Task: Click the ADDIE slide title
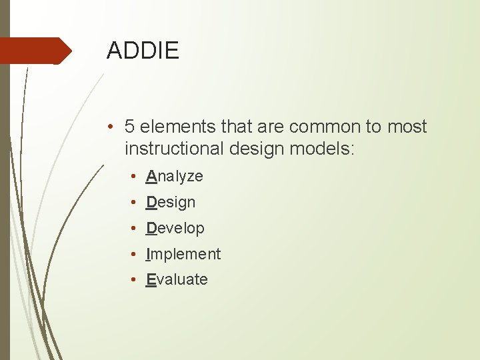click(x=143, y=51)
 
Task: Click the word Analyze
click(x=175, y=177)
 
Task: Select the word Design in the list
click(x=171, y=203)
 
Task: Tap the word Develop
click(x=175, y=228)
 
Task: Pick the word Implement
click(x=183, y=254)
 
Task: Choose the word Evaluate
click(x=177, y=280)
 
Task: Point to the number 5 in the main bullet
click(x=130, y=127)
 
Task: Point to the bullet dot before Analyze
click(x=134, y=177)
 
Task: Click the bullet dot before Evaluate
click(x=134, y=280)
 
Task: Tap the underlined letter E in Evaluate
click(x=151, y=280)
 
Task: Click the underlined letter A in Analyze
click(x=151, y=177)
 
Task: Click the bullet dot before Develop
click(x=134, y=229)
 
